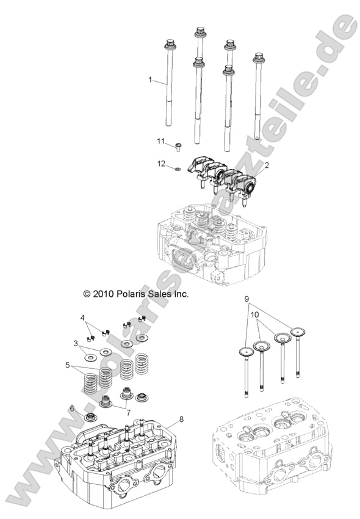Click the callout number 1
(151, 80)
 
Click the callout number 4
(82, 318)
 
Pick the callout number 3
(76, 344)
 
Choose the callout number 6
(71, 408)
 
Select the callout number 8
(181, 419)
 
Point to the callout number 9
(247, 299)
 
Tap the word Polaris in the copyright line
(132, 293)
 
